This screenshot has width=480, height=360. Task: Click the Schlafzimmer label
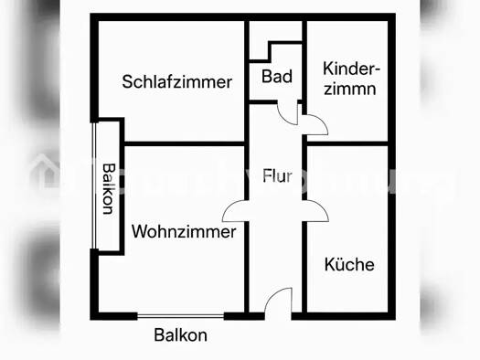coord(176,82)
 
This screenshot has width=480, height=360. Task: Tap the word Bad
coord(276,77)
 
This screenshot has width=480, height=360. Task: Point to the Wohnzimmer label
coord(184,232)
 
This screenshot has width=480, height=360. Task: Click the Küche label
coord(349,265)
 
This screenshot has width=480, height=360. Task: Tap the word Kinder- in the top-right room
coord(352,69)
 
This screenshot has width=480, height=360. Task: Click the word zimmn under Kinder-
coord(350,89)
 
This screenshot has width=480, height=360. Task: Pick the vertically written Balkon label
coord(109,187)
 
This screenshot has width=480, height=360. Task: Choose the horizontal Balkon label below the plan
coord(180,335)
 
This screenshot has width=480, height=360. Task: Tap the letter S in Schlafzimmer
coord(127,82)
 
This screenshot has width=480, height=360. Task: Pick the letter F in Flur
coord(266,176)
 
